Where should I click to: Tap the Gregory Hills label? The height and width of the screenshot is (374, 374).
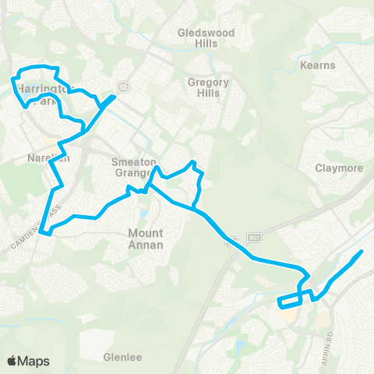pos(203,87)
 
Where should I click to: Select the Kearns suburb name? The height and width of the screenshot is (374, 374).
pos(318,65)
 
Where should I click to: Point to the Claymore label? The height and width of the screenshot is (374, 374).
pos(335,168)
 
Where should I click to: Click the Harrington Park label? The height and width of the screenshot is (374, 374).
pos(37,90)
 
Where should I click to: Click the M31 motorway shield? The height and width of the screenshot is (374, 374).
pos(253,236)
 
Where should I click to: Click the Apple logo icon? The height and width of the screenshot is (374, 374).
pos(12,361)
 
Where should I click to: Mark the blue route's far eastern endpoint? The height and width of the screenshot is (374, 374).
pos(362,252)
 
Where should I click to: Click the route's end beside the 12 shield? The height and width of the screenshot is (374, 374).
pos(115,97)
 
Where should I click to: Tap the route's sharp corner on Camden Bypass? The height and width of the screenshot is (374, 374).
pos(44,231)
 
